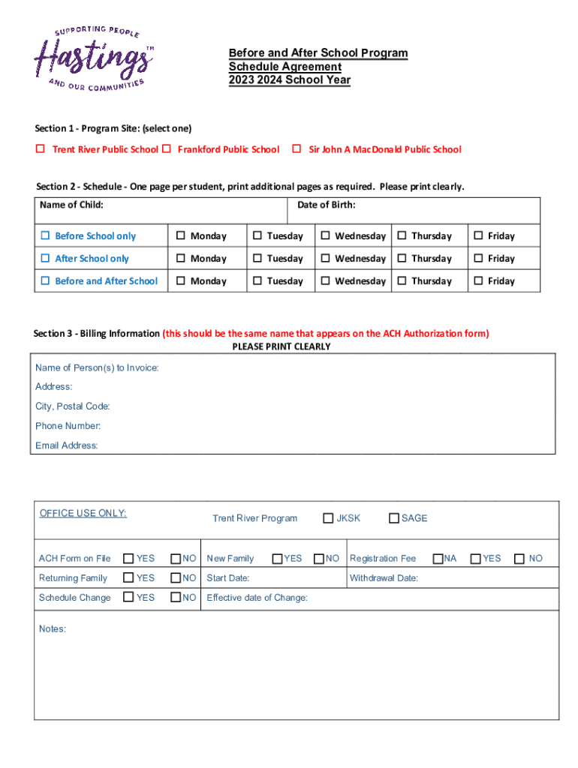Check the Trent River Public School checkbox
[x=41, y=149]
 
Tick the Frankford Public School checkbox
[x=167, y=149]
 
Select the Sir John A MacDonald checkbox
[x=297, y=149]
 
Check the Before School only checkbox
[x=45, y=236]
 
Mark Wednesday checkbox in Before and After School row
[x=326, y=281]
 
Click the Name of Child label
[x=71, y=205]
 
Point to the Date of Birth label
[x=326, y=205]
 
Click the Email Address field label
[x=66, y=445]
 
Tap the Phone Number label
[x=68, y=426]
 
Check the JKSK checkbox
[x=328, y=518]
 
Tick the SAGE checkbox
[x=393, y=518]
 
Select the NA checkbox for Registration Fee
[x=437, y=559]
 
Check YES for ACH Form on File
[x=128, y=559]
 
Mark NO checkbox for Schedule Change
[x=176, y=598]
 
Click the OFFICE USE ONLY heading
[x=83, y=514]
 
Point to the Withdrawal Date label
[x=384, y=578]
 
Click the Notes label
[x=52, y=629]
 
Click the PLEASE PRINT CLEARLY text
[x=281, y=347]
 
